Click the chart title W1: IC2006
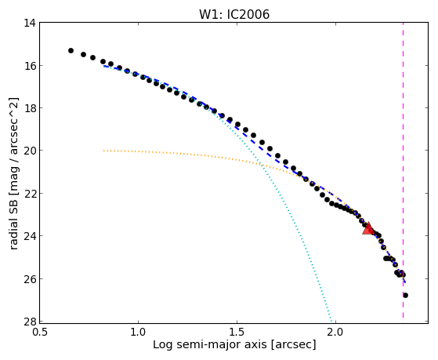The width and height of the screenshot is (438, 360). click(x=234, y=14)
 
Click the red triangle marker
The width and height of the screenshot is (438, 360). click(x=368, y=228)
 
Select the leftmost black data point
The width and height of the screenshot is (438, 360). click(x=71, y=50)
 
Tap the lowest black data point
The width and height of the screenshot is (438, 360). click(x=405, y=295)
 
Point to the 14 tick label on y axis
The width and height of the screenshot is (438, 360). click(x=30, y=23)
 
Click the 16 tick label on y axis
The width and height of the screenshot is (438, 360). click(x=30, y=66)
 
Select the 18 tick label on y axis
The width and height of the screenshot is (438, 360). click(x=30, y=108)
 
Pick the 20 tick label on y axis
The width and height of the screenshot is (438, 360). click(x=30, y=151)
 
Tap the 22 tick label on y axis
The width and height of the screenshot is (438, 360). click(x=30, y=194)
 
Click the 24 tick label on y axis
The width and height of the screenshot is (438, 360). click(x=30, y=236)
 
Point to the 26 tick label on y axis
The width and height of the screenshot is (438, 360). click(x=30, y=279)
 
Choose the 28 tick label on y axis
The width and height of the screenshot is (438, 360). click(x=30, y=322)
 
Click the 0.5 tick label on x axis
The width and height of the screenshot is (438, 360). click(x=40, y=333)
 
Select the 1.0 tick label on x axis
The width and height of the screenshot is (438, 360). click(x=138, y=333)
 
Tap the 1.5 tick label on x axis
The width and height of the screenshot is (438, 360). click(x=237, y=333)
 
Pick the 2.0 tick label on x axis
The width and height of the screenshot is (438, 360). click(x=335, y=333)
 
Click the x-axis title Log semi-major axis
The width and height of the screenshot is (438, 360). click(x=210, y=345)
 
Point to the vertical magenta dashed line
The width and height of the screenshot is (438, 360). click(x=403, y=170)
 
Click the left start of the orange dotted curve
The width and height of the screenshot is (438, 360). click(x=103, y=151)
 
